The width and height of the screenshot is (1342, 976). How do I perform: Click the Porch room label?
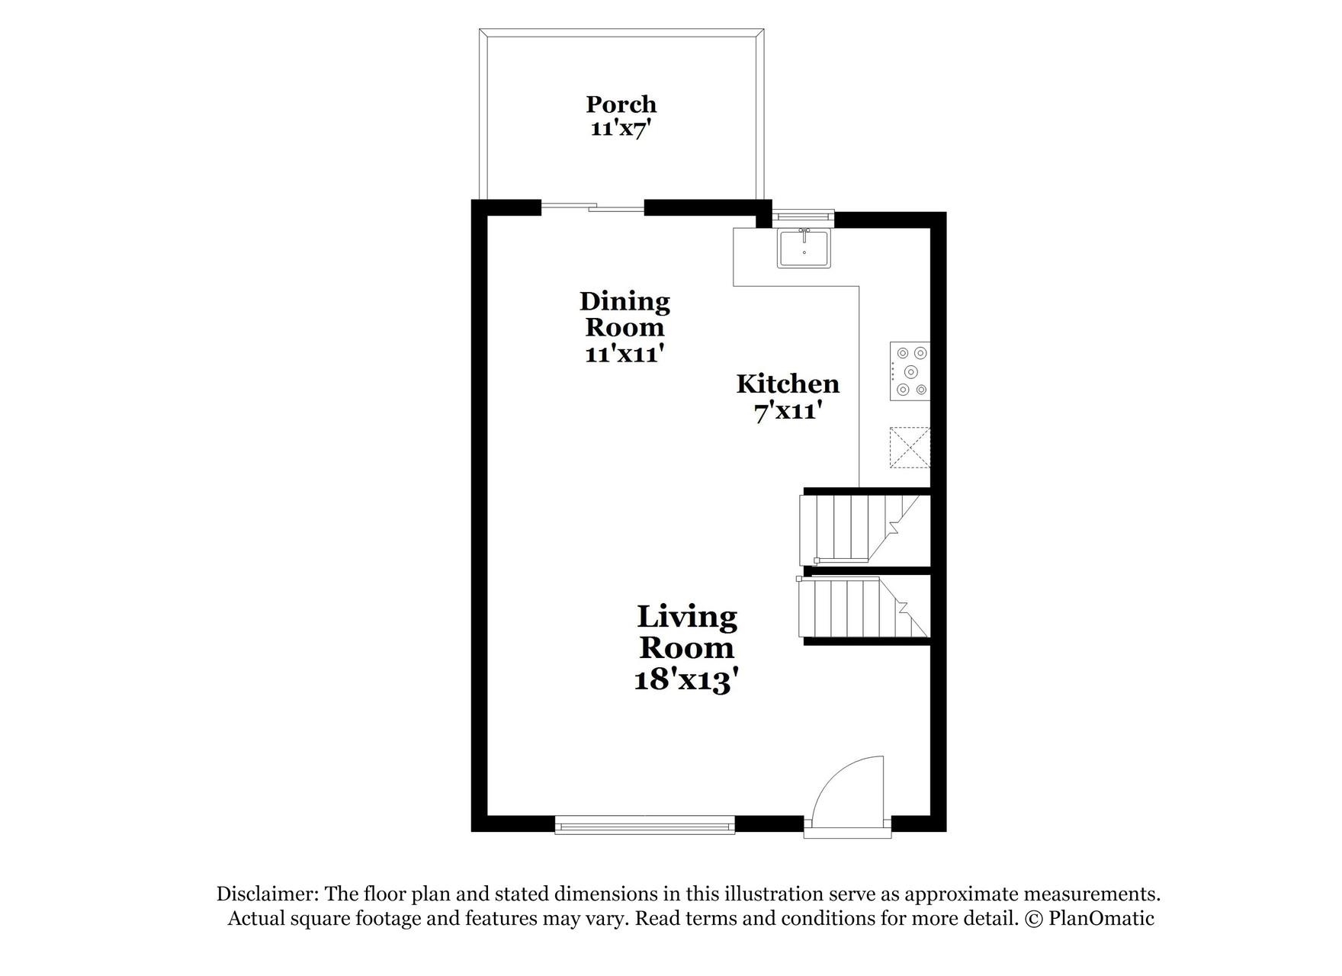[x=621, y=104]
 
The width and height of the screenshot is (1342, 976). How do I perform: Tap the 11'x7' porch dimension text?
[x=621, y=128]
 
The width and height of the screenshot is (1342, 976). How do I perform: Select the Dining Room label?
[x=624, y=314]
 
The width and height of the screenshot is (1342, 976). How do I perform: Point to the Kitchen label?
[x=788, y=384]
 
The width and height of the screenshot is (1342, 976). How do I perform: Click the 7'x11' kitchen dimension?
[x=788, y=412]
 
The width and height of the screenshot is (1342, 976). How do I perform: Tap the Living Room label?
[x=687, y=632]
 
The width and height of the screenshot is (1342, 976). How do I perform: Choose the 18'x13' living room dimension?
[x=687, y=679]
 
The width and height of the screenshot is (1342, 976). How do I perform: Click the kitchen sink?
[x=804, y=249]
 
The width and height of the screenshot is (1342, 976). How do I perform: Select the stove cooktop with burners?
[x=910, y=371]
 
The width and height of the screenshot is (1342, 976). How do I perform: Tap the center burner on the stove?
[x=911, y=372]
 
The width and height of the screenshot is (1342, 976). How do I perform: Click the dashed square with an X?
[x=910, y=447]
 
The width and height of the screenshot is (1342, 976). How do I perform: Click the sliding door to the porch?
[x=592, y=207]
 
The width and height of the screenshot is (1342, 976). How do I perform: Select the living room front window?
[x=644, y=824]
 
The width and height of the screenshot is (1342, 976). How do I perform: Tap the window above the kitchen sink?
[x=802, y=217]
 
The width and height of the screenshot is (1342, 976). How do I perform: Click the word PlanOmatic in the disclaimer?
[x=1101, y=918]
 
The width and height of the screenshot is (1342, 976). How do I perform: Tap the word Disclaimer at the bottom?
[x=266, y=894]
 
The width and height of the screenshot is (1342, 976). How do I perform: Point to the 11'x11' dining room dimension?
[x=624, y=355]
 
